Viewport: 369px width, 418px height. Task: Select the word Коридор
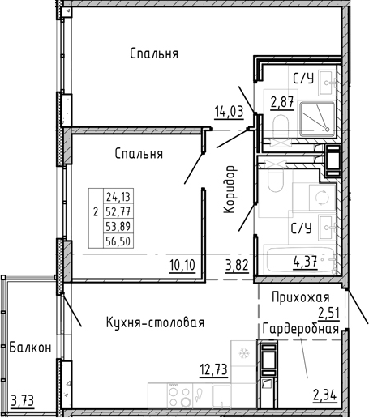230,190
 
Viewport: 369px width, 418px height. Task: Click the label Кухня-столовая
155,322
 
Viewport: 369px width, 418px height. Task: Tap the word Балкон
31,348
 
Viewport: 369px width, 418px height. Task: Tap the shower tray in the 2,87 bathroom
317,118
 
